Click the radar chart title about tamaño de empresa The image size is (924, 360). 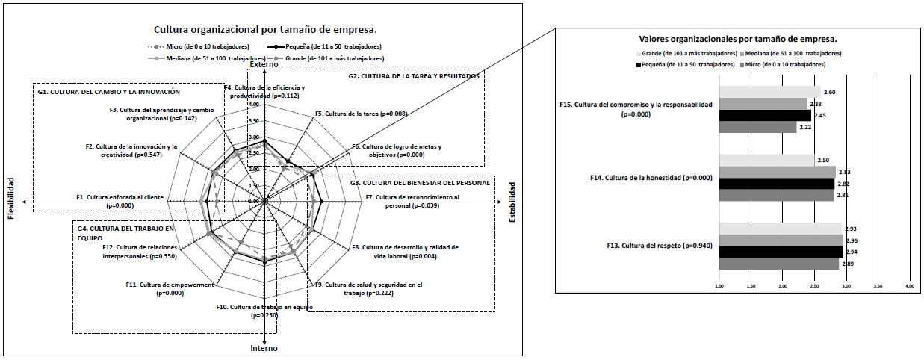pyautogui.click(x=265, y=31)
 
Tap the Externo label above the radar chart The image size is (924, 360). pyautogui.click(x=264, y=65)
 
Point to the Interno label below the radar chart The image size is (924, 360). pyautogui.click(x=264, y=348)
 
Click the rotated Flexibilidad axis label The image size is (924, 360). pyautogui.click(x=11, y=199)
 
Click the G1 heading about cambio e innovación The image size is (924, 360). pyautogui.click(x=109, y=92)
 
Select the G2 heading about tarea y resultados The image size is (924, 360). pyautogui.click(x=414, y=75)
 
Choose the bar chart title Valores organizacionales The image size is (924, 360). pyautogui.click(x=738, y=38)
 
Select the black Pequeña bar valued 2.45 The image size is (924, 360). pyautogui.click(x=764, y=115)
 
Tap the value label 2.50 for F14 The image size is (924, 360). pyautogui.click(x=823, y=161)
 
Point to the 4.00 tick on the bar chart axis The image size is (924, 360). pyautogui.click(x=909, y=285)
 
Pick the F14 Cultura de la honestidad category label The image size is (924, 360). pyautogui.click(x=636, y=178)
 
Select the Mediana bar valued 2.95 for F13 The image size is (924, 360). pyautogui.click(x=781, y=240)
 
